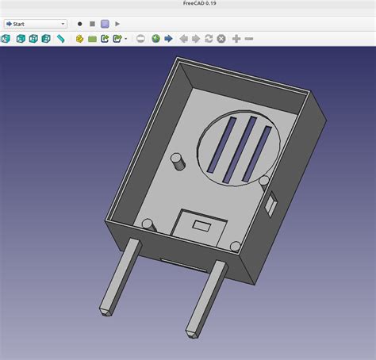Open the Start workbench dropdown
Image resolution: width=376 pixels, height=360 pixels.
(36, 24)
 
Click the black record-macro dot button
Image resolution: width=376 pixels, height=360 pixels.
(79, 24)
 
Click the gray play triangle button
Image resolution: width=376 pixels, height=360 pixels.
(117, 24)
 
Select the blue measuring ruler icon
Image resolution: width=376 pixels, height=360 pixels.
(61, 39)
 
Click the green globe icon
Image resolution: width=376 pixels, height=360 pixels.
(155, 39)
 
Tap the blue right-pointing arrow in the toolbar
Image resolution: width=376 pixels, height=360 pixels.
(168, 39)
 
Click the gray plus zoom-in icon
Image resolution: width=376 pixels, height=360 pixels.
(236, 39)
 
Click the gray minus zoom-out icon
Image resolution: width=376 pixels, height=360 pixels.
(249, 39)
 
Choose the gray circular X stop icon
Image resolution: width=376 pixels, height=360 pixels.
(221, 39)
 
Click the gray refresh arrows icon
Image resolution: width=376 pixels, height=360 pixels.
(209, 39)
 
